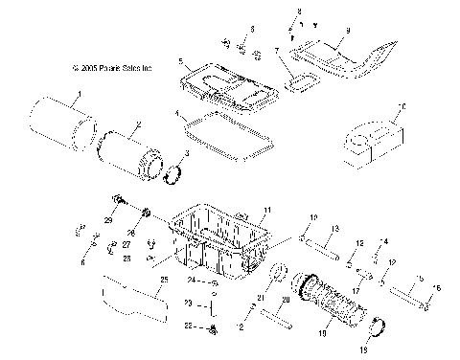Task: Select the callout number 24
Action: coord(191,281)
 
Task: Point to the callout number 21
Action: coord(258,299)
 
